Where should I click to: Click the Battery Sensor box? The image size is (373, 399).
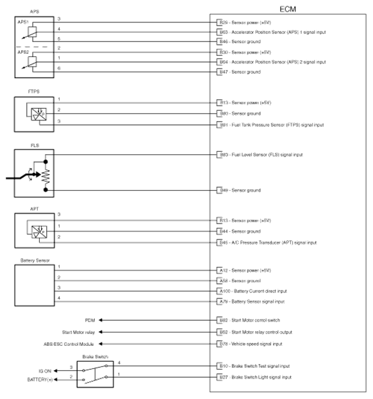(x=36, y=284)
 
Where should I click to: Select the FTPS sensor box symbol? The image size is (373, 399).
(x=36, y=114)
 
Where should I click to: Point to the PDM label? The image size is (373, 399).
(x=90, y=320)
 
